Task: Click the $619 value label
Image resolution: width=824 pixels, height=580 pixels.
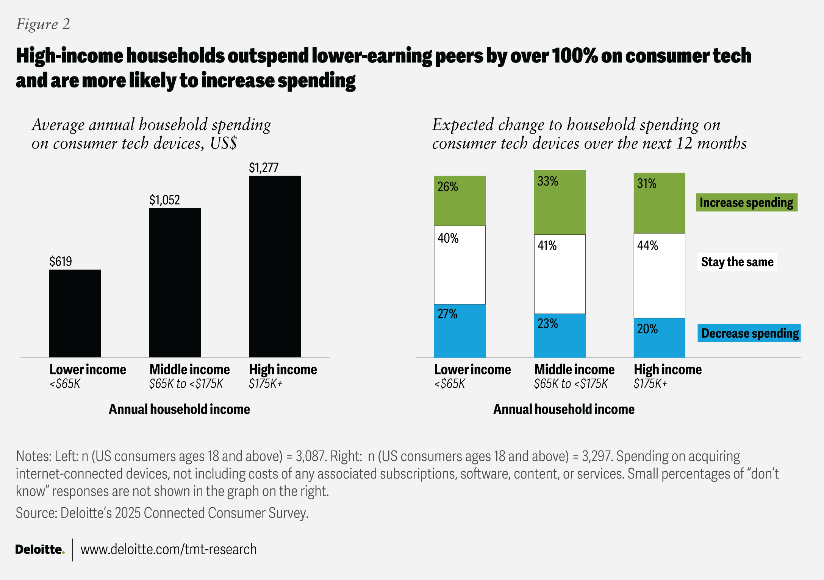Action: [61, 261]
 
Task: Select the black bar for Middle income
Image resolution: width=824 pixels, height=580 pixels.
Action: [175, 282]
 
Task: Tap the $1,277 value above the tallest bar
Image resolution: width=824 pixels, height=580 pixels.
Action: [264, 167]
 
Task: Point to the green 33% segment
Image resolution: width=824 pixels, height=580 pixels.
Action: [560, 203]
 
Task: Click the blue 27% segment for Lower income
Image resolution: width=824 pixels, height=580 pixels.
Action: [460, 331]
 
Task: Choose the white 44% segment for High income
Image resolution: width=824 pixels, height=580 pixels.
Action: [659, 276]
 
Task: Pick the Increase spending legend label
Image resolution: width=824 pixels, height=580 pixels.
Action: [746, 203]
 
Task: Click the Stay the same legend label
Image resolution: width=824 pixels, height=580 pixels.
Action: [737, 262]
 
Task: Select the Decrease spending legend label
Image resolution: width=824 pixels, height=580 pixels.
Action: [749, 333]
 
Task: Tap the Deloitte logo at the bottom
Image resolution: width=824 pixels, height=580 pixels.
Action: [40, 549]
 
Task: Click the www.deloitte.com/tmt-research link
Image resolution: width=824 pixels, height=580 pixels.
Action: [169, 549]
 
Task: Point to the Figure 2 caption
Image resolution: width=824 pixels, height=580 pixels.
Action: [43, 24]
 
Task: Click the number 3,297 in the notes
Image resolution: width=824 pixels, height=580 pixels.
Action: [597, 456]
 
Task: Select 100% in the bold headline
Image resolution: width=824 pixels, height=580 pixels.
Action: [575, 56]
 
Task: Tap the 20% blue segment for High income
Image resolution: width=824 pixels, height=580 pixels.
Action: [659, 338]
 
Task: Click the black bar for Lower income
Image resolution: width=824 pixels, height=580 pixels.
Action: [75, 313]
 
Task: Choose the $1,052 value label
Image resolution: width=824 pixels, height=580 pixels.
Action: [164, 200]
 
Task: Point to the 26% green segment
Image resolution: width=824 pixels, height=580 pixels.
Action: [460, 201]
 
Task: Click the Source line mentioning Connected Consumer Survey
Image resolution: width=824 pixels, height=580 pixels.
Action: [162, 513]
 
